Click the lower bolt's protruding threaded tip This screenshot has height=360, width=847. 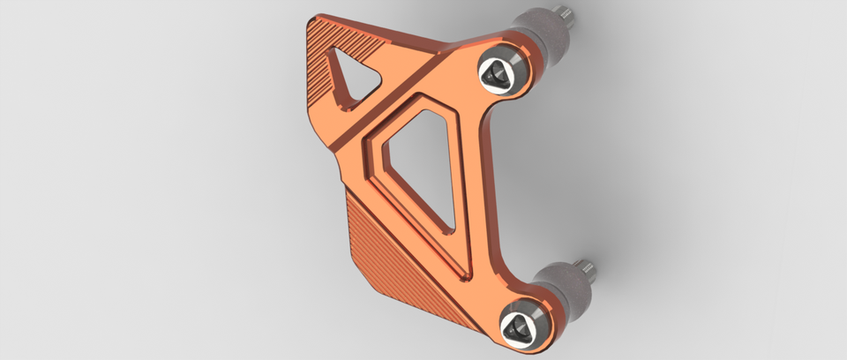pyautogui.click(x=584, y=266)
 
